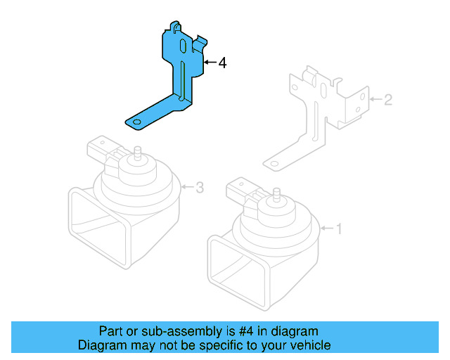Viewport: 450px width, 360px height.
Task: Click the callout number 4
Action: pyautogui.click(x=222, y=63)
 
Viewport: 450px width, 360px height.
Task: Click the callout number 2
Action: pyautogui.click(x=387, y=100)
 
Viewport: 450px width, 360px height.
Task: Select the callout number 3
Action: pyautogui.click(x=200, y=188)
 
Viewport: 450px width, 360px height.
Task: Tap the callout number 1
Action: pyautogui.click(x=338, y=229)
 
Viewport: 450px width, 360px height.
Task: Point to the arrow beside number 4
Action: pyautogui.click(x=210, y=63)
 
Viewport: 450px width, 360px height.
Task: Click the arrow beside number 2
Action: pyautogui.click(x=375, y=100)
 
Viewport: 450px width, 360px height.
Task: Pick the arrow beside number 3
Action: pyautogui.click(x=187, y=188)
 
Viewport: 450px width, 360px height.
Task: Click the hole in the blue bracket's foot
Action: pyautogui.click(x=135, y=123)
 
